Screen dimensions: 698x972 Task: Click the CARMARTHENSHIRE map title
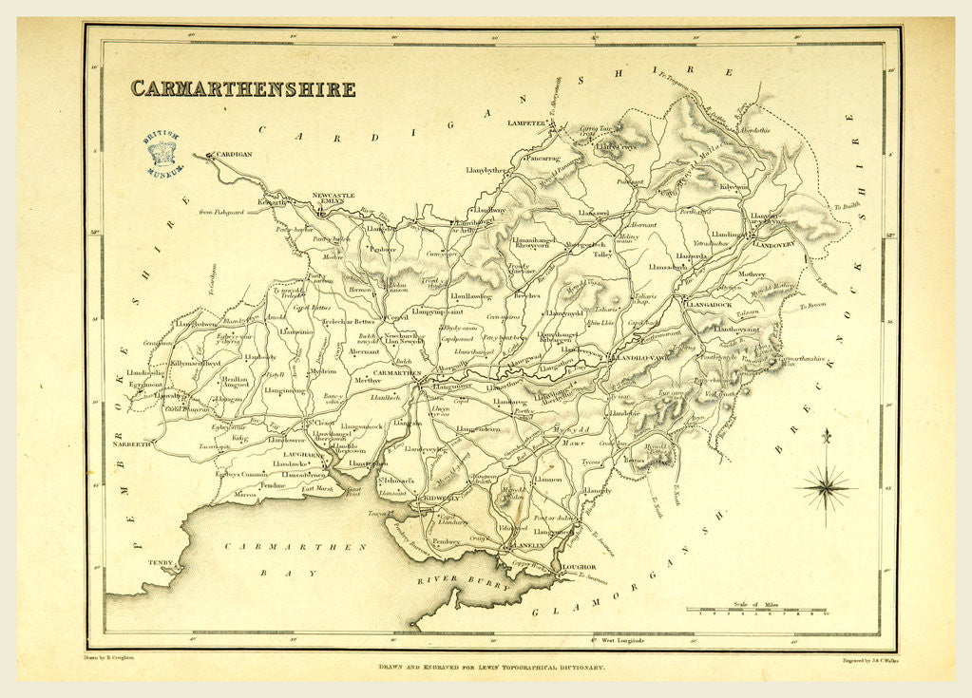pos(243,89)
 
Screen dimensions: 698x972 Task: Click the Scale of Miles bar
pos(756,610)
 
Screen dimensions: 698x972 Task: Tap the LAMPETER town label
pos(528,123)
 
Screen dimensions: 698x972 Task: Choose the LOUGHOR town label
pos(579,567)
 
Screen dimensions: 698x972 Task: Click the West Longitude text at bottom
pos(619,640)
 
